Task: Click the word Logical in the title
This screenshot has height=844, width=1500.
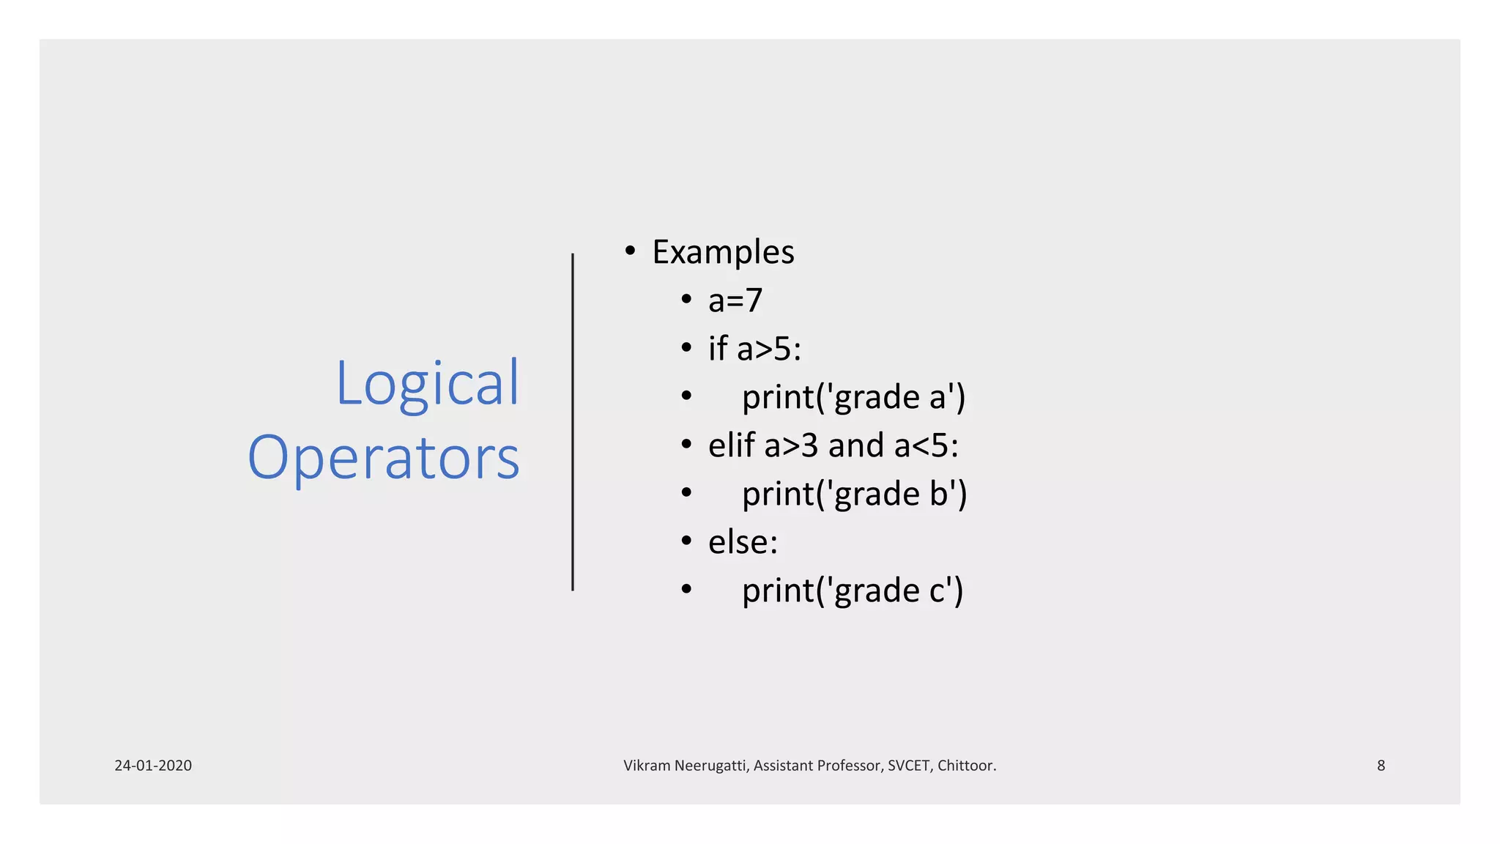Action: click(427, 384)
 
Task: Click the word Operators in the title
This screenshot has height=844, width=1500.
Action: click(384, 458)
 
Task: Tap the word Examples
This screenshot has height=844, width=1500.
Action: click(723, 253)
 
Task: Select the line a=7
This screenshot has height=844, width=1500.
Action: click(735, 300)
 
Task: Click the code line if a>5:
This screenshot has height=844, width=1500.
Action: click(754, 349)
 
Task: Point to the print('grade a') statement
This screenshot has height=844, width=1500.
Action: click(853, 397)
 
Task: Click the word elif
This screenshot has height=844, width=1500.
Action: click(731, 445)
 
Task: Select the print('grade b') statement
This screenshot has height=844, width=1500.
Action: click(854, 494)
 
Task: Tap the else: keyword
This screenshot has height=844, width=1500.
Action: click(743, 542)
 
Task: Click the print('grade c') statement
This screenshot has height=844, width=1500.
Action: click(853, 591)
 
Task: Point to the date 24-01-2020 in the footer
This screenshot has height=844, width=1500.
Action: click(153, 766)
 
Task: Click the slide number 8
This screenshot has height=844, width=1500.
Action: click(1381, 766)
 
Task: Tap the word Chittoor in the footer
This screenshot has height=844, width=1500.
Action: click(966, 766)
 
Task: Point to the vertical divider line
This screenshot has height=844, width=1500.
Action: click(573, 422)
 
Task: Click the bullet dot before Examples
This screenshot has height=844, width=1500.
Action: click(630, 251)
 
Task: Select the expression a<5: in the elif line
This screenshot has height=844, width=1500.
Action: click(926, 445)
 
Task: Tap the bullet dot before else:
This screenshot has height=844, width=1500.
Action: click(686, 541)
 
